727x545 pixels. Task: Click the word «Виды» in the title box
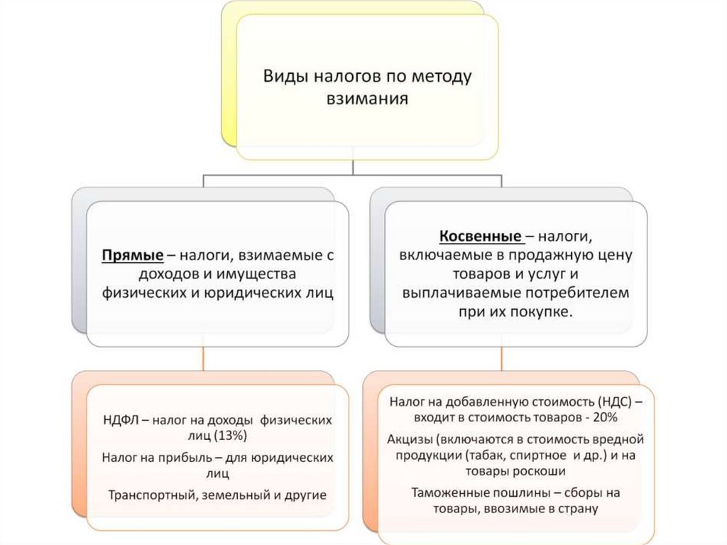click(x=283, y=76)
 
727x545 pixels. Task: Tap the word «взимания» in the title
click(x=367, y=98)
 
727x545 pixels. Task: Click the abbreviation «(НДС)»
click(x=620, y=401)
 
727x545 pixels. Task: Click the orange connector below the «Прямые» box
click(x=204, y=359)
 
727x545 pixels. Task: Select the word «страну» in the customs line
click(x=579, y=508)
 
